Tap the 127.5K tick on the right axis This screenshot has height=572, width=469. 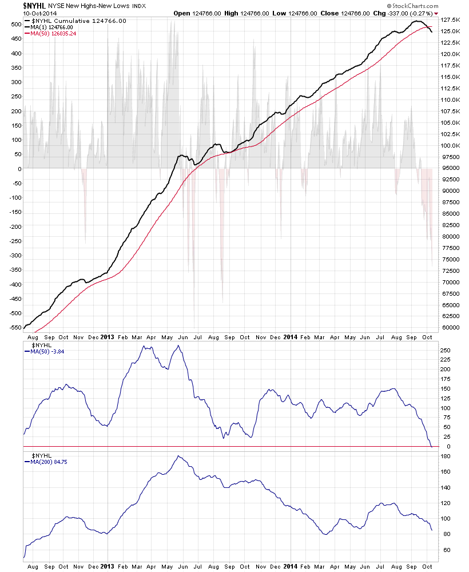[x=450, y=19]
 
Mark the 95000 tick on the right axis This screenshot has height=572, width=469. [x=449, y=168]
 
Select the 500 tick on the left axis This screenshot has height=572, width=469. [x=15, y=25]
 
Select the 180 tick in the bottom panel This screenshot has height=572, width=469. [x=444, y=456]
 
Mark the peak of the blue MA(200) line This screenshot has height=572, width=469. [x=179, y=456]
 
